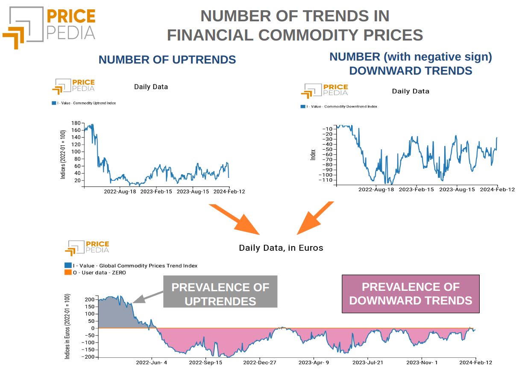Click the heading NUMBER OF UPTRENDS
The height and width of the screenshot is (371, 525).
click(x=167, y=60)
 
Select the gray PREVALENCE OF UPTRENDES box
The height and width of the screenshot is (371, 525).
click(x=220, y=294)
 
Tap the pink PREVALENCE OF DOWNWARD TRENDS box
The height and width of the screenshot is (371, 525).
click(x=410, y=294)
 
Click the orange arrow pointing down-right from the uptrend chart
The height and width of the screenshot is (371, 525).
click(x=235, y=220)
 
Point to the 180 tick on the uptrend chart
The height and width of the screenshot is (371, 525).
click(x=76, y=123)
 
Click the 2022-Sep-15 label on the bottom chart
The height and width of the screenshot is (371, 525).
click(x=205, y=363)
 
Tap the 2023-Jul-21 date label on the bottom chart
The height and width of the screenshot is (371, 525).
click(x=368, y=363)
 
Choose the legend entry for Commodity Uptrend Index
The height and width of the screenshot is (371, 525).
click(x=84, y=103)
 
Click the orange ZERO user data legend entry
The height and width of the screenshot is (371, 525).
click(x=95, y=272)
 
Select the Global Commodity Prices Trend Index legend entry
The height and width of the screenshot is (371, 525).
click(x=131, y=266)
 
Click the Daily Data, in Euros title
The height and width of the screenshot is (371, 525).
click(x=281, y=248)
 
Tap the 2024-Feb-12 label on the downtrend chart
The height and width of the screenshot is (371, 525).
click(x=497, y=189)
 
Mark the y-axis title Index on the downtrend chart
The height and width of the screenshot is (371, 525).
click(x=313, y=155)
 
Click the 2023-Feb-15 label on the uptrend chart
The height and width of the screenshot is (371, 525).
click(x=156, y=191)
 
